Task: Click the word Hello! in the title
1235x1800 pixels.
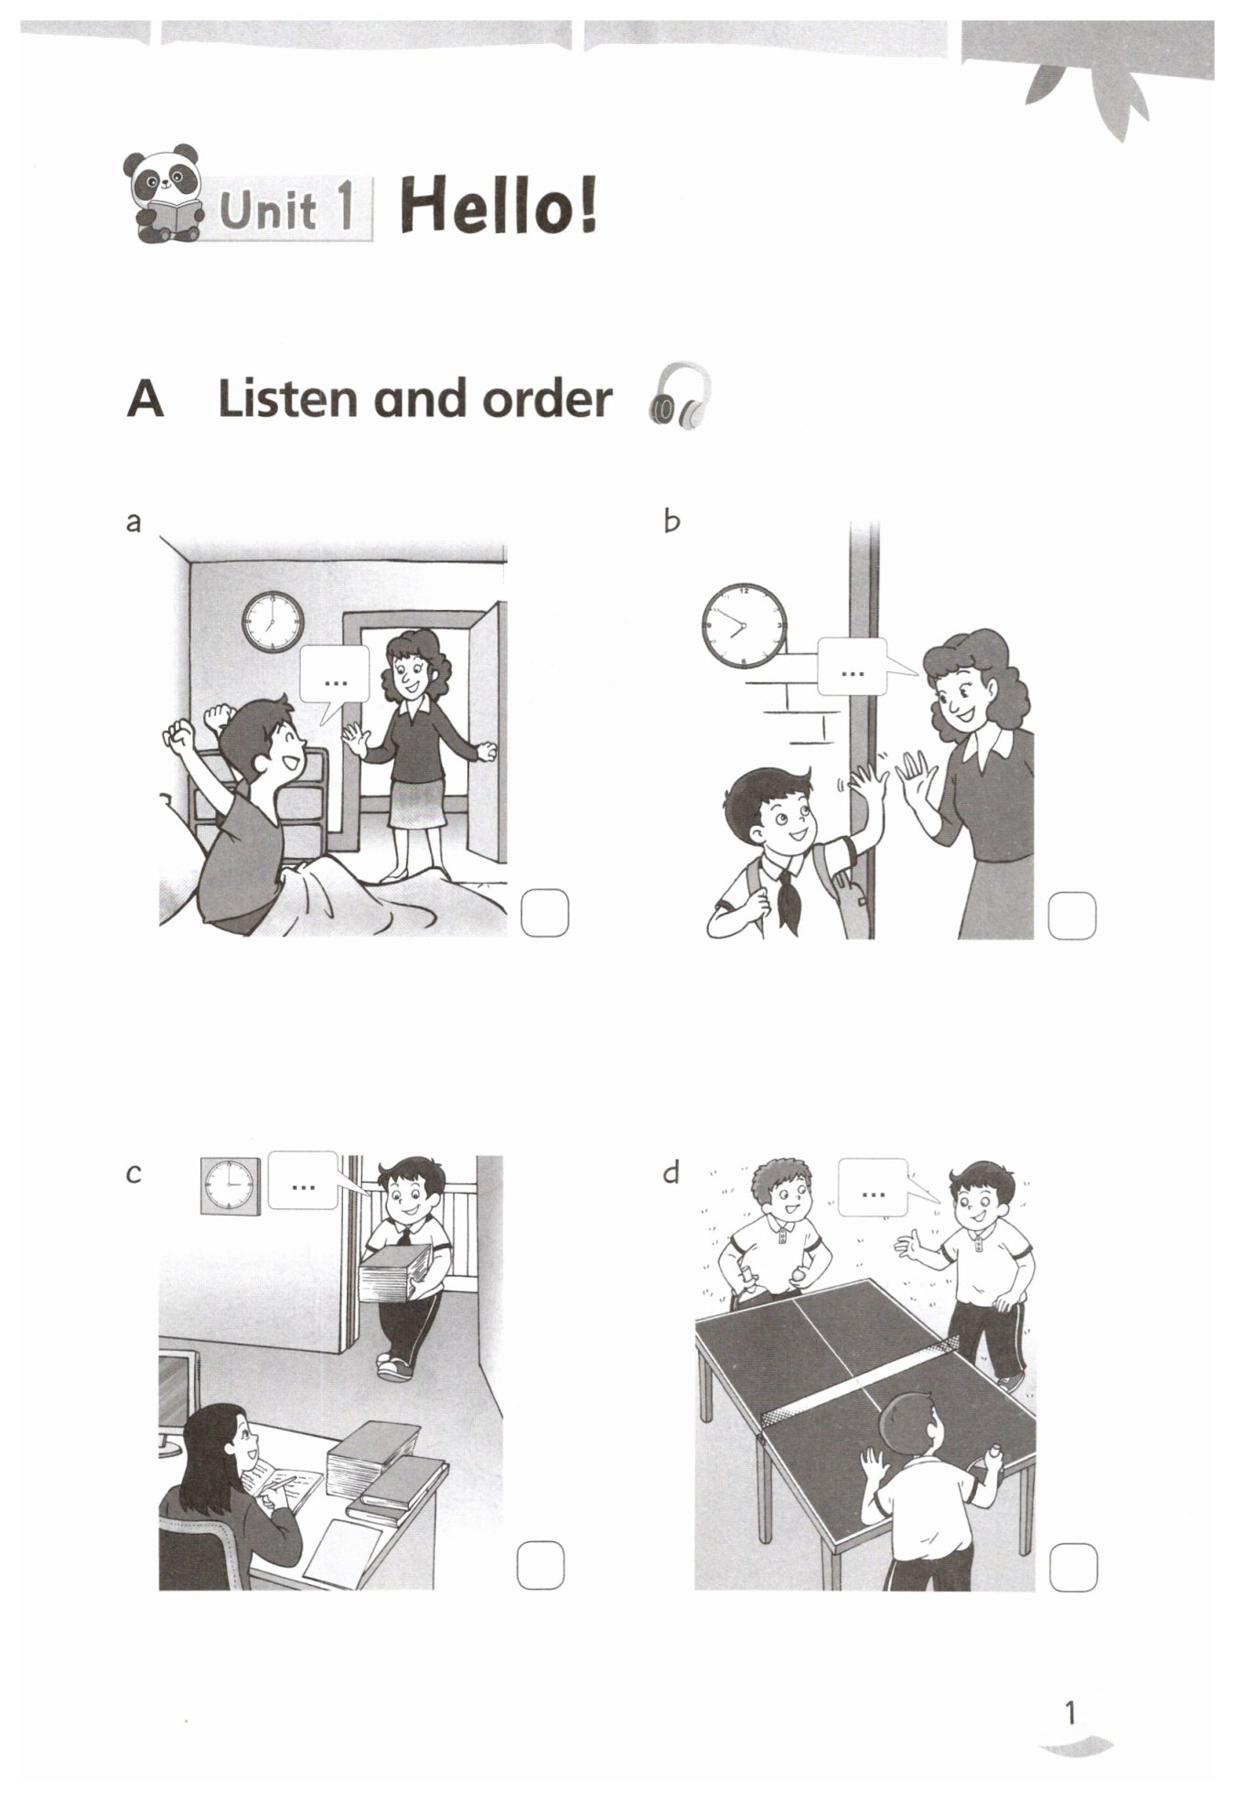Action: tap(499, 208)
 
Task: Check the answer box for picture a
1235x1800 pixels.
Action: tap(544, 913)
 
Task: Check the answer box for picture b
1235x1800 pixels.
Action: tap(1071, 916)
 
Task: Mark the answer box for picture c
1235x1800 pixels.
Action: tap(541, 1565)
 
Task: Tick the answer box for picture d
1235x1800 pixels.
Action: tap(1073, 1567)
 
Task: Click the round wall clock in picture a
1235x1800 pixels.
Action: tap(273, 622)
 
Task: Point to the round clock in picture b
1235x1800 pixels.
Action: tap(744, 626)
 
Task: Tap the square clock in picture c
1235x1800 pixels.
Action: tap(231, 1186)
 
